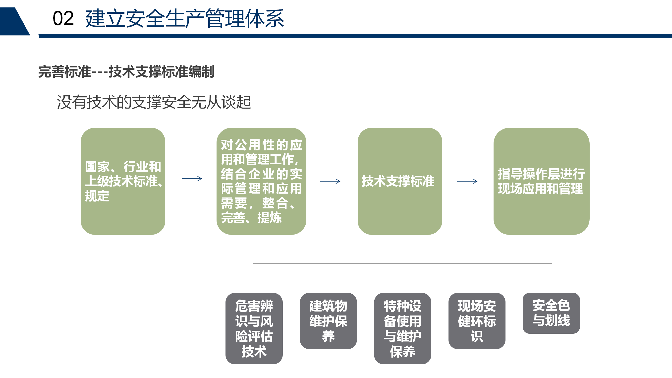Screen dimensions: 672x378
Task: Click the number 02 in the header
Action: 63,18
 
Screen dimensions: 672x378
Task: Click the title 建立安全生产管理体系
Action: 185,18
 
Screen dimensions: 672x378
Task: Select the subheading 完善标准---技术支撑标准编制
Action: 126,71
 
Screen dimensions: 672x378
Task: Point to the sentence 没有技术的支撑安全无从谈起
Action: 154,102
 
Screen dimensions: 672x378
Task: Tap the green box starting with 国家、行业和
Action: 123,181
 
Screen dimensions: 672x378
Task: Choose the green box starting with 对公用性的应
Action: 261,181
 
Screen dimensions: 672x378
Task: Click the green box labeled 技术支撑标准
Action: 400,181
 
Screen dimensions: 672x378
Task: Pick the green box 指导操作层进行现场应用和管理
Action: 541,181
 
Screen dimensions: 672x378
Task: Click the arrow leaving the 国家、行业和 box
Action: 192,179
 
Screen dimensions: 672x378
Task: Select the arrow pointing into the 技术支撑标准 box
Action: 330,181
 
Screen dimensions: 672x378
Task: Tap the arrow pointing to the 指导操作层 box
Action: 467,181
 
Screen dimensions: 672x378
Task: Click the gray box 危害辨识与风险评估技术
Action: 254,328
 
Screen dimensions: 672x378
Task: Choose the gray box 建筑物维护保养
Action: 329,321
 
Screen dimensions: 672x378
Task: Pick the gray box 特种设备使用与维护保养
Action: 402,328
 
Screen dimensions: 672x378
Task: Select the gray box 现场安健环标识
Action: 477,321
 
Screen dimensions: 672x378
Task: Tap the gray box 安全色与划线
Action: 551,313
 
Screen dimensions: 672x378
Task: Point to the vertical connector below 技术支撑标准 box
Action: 400,250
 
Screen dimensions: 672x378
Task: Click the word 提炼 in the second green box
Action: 270,217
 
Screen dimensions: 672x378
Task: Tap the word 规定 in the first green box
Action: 97,196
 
